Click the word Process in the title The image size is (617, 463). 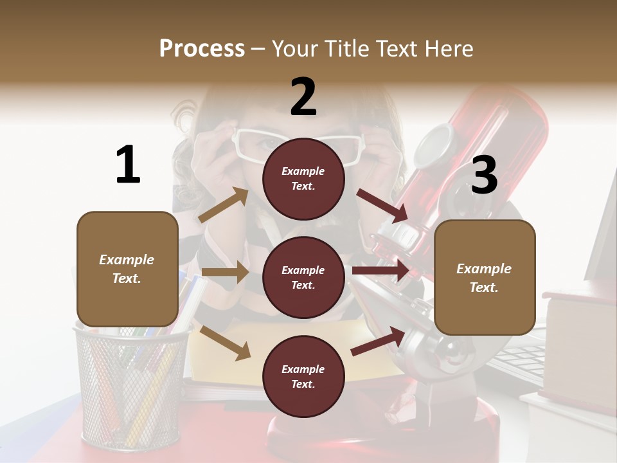pyautogui.click(x=202, y=49)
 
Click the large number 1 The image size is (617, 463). pyautogui.click(x=128, y=165)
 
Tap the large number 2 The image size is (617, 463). pyautogui.click(x=303, y=97)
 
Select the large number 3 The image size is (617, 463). pyautogui.click(x=484, y=175)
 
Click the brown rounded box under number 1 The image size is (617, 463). pyautogui.click(x=127, y=269)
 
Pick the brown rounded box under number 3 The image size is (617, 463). pyautogui.click(x=485, y=277)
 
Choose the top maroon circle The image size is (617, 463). pyautogui.click(x=303, y=179)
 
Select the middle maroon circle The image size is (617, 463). pyautogui.click(x=303, y=277)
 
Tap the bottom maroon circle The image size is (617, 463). pyautogui.click(x=303, y=376)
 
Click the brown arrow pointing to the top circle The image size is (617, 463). pyautogui.click(x=224, y=205)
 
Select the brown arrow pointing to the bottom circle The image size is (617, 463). pyautogui.click(x=225, y=343)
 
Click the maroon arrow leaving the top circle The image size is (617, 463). pyautogui.click(x=382, y=206)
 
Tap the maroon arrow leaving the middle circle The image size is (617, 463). pyautogui.click(x=380, y=270)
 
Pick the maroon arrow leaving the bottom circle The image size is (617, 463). pyautogui.click(x=378, y=341)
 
